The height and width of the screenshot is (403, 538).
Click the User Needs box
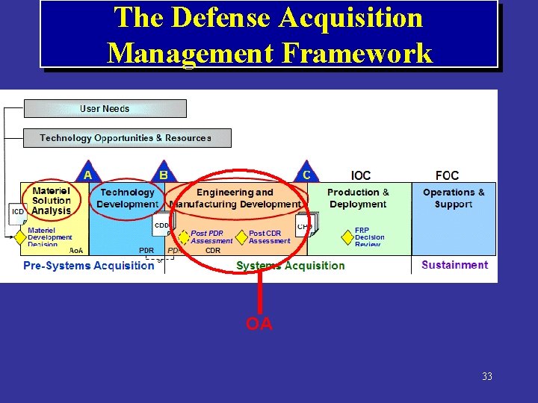[x=105, y=109]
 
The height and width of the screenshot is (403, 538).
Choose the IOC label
[x=360, y=175]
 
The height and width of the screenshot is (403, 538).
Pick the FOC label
[x=447, y=175]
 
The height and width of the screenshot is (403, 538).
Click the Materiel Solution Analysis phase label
[x=52, y=201]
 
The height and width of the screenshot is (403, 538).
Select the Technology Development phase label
[x=128, y=199]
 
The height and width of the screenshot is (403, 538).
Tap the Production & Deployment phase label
[x=358, y=199]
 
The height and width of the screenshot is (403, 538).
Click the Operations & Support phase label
[x=454, y=199]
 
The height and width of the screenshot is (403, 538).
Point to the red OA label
[x=259, y=324]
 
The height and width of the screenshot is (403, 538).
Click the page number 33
[x=487, y=377]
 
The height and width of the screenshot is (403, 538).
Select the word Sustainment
[x=454, y=265]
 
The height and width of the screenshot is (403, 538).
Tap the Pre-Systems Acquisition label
[x=88, y=266]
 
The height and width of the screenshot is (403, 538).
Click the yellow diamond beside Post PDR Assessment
[x=184, y=237]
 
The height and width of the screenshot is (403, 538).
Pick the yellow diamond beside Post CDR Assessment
[x=241, y=237]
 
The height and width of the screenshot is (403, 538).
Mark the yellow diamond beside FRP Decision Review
[x=347, y=237]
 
